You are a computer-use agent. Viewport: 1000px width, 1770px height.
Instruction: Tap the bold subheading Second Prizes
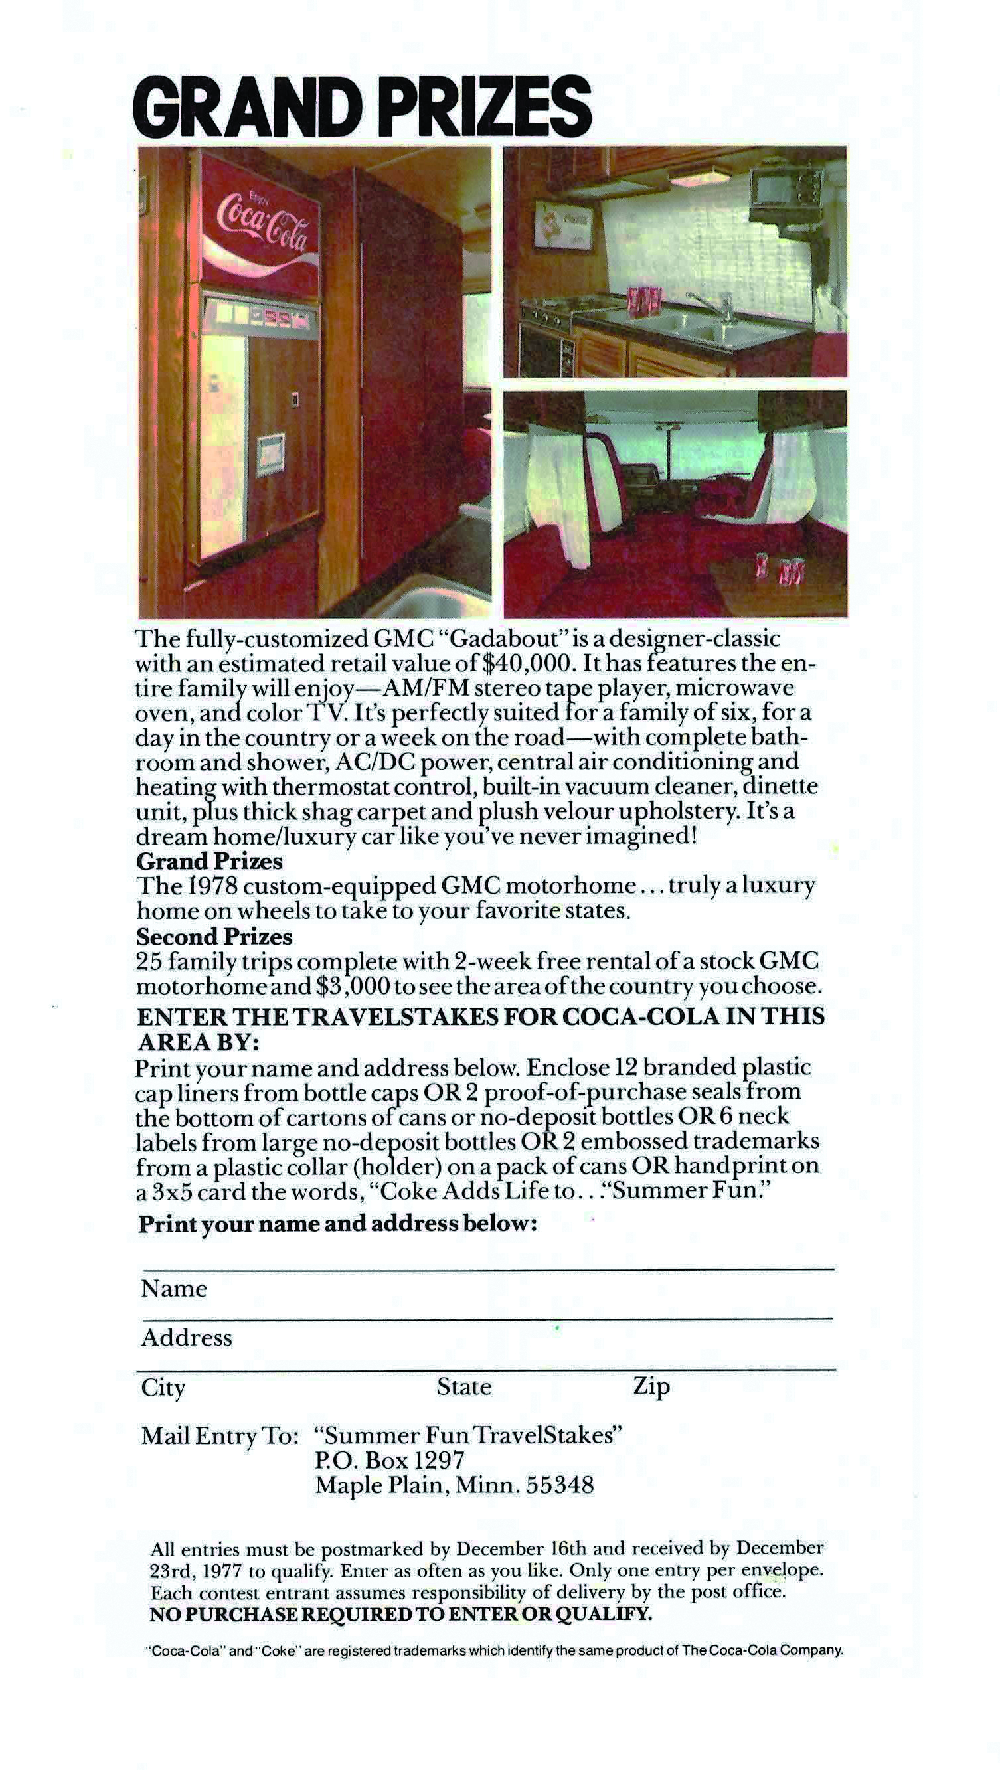pos(214,937)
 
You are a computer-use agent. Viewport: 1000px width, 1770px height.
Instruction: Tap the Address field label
pos(187,1338)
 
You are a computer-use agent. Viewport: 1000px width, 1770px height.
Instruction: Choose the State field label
pos(464,1388)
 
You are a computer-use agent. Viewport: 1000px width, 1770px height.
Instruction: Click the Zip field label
pos(651,1387)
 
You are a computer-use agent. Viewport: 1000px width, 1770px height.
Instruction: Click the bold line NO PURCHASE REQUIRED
pos(400,1614)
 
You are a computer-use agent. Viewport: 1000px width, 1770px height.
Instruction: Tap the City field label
pos(163,1388)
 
